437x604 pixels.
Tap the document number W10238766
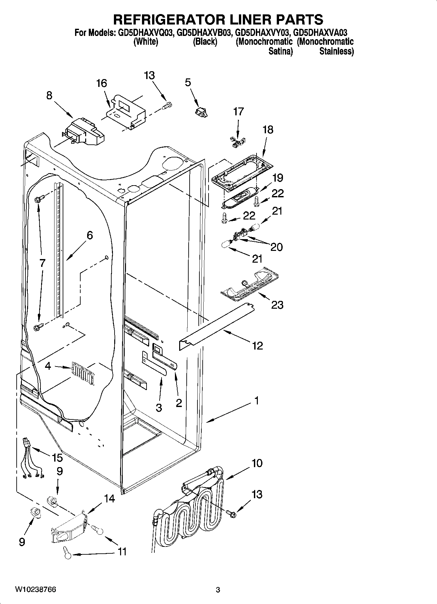pos(35,590)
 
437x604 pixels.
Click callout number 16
pos(101,84)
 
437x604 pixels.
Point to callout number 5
pos(188,83)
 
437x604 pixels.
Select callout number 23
pos(277,305)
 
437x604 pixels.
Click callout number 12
pos(258,346)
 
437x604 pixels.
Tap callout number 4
pos(48,366)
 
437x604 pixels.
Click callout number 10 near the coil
pos(257,463)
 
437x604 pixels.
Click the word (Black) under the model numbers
pos(205,42)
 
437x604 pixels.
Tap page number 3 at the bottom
pos(218,590)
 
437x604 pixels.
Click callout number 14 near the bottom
pos(109,499)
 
